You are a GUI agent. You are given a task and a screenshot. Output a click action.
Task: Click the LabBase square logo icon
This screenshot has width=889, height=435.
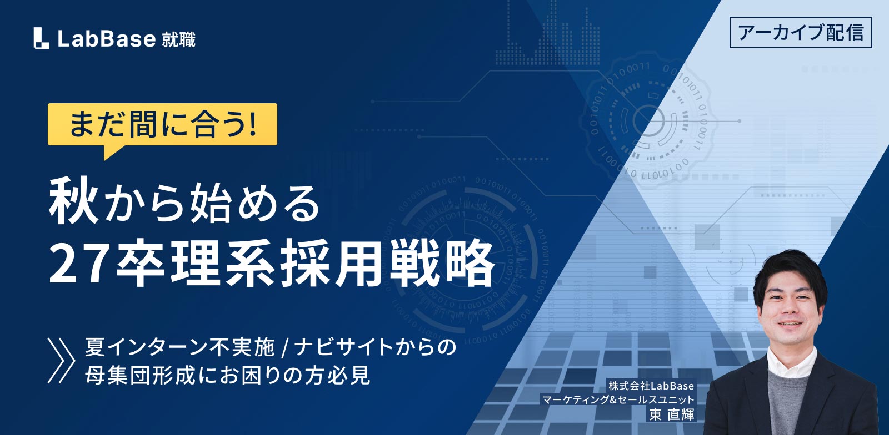pos(41,38)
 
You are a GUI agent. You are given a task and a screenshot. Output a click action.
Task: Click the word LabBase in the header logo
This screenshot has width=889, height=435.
pos(107,39)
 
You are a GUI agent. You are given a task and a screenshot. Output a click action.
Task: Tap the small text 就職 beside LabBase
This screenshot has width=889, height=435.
pos(178,39)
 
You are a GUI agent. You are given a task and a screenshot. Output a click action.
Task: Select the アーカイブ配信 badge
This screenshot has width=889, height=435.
pos(801,33)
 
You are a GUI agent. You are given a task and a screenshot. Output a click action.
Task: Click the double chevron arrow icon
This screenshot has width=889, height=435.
pos(61,360)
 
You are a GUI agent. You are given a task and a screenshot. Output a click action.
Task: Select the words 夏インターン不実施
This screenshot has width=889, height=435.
pos(180,347)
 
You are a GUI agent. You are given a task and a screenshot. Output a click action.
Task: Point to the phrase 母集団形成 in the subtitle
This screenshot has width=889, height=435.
pos(141,375)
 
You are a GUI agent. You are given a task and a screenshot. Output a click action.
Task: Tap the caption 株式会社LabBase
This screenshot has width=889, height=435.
pos(651,386)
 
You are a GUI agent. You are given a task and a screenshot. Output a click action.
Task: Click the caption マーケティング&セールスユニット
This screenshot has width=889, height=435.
pos(618,399)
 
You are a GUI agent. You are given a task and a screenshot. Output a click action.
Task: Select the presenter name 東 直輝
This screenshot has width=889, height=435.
pos(672,414)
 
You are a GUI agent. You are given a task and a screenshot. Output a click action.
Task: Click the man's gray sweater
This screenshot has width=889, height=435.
pos(788,400)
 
